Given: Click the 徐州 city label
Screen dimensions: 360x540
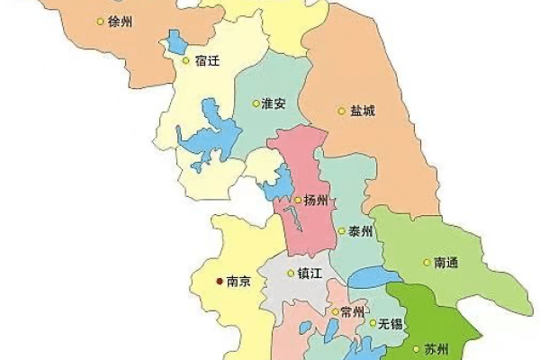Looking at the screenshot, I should click(119, 21).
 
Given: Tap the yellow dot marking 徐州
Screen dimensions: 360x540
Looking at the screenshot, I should click(99, 21).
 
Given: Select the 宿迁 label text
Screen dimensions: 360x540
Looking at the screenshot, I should click(207, 61).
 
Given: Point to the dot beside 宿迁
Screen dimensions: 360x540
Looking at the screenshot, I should click(186, 61).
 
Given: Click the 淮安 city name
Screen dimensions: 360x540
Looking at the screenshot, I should click(273, 103).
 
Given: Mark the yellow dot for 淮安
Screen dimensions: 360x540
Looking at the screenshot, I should click(254, 103).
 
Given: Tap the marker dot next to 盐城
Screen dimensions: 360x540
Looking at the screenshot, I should click(341, 112).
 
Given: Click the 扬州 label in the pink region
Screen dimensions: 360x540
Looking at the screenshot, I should click(317, 200).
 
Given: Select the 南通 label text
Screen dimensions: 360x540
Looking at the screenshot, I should click(446, 263).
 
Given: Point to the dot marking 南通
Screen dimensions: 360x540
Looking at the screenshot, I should click(426, 263).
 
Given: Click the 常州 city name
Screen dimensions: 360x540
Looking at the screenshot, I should click(352, 312).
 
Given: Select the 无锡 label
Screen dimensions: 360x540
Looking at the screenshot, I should click(390, 323).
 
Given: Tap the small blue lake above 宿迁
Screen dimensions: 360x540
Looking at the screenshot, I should click(176, 41).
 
